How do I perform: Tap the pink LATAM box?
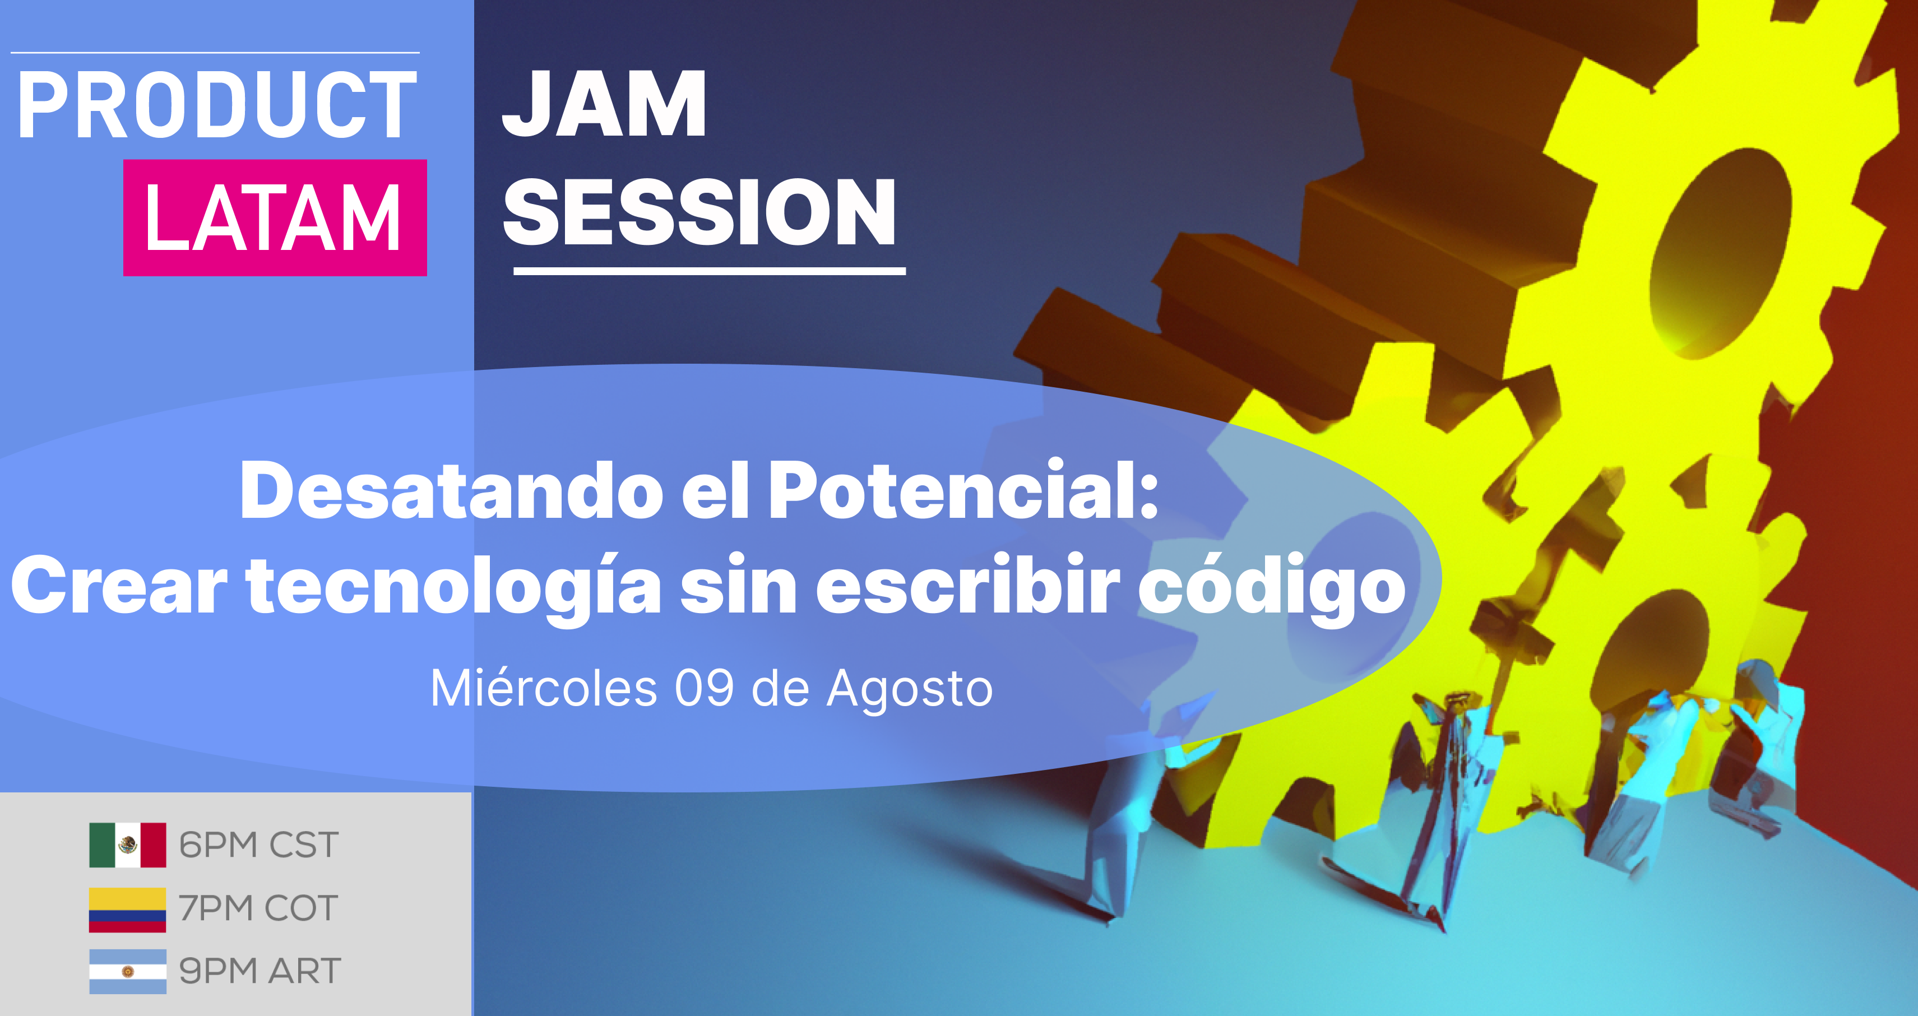[275, 217]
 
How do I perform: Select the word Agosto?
[910, 690]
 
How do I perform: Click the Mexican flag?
[127, 845]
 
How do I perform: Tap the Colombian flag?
[127, 910]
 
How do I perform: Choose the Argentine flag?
[127, 971]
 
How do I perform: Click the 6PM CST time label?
[259, 846]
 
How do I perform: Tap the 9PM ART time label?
[260, 971]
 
